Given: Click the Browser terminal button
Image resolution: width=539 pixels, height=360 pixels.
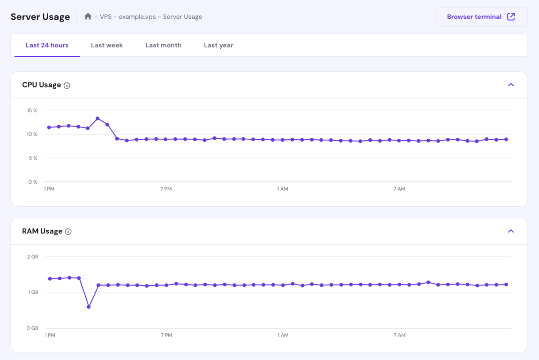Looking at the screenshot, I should [481, 17].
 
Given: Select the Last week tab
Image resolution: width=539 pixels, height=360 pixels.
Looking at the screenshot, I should [107, 45].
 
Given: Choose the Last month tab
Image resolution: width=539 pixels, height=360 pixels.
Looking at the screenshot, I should [163, 45].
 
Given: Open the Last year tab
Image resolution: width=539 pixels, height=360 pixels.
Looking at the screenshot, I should [218, 45].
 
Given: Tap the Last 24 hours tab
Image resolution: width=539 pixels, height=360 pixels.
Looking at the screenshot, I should [47, 45].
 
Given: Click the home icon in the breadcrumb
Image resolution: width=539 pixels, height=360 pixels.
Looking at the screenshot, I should [88, 16].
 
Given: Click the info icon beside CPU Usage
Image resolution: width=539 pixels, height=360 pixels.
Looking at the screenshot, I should [67, 85].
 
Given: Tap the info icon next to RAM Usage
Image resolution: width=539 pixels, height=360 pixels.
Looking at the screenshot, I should [68, 232].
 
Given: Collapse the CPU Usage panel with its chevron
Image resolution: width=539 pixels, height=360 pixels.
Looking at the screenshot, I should [511, 85].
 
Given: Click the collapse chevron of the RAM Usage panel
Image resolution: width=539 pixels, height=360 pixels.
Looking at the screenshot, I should [511, 231].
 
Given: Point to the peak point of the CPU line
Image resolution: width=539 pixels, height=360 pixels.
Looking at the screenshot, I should [97, 119].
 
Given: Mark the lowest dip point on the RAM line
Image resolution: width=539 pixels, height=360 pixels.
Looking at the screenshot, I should [89, 307].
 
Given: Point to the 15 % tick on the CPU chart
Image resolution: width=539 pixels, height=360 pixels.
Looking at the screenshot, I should [32, 111].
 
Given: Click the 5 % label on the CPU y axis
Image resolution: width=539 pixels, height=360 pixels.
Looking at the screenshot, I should [33, 158].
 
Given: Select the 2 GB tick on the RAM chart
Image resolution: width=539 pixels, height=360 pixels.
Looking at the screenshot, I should [33, 257].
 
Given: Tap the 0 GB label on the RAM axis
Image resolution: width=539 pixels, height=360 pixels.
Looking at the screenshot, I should [32, 329].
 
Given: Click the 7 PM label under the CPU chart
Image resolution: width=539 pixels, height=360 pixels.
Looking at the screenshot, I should [166, 189].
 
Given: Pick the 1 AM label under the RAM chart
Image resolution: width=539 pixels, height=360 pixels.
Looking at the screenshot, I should [283, 335].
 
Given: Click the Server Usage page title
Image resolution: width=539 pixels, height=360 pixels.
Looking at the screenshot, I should [40, 17].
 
